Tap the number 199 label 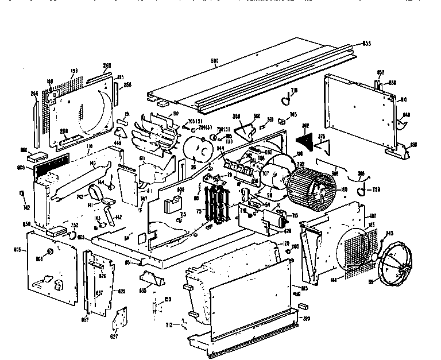coord(74,71)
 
